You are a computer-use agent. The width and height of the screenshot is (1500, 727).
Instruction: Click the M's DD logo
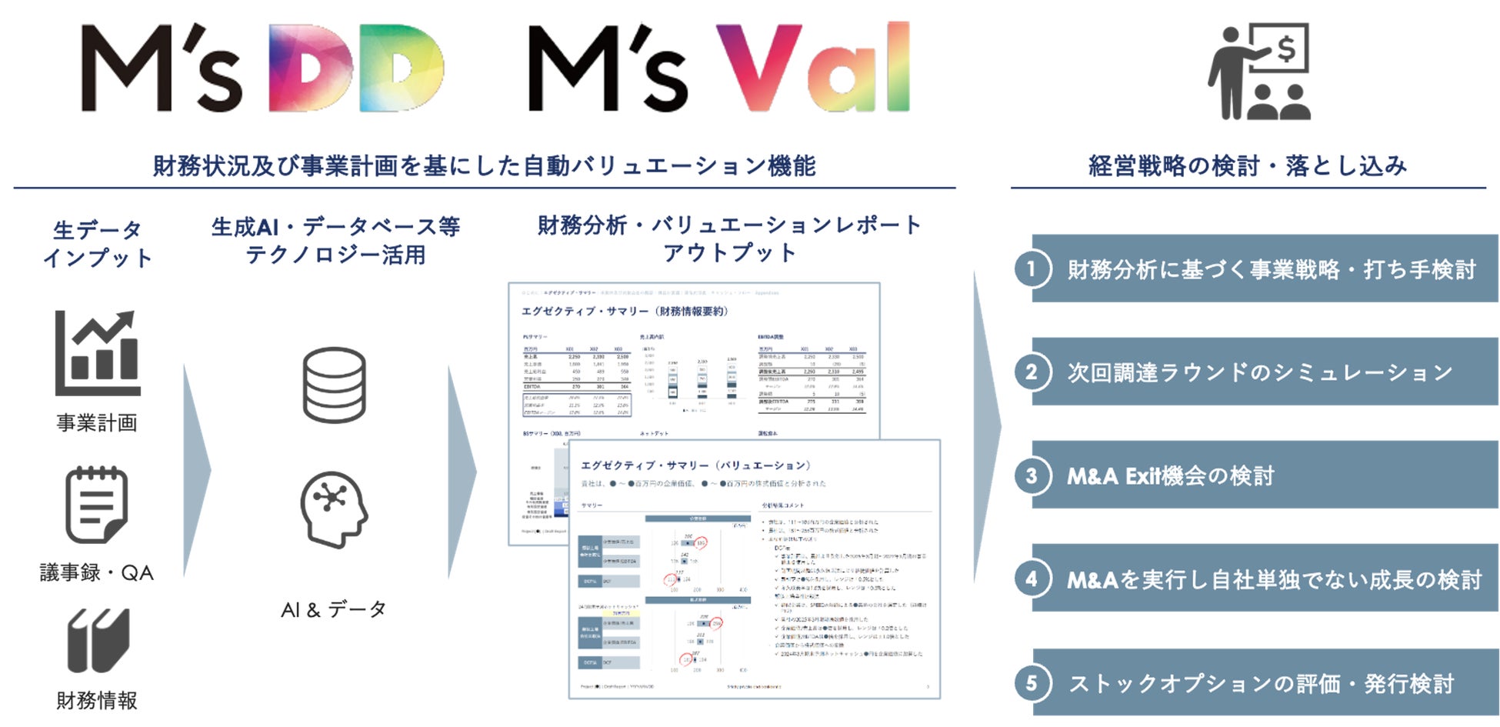pos(262,68)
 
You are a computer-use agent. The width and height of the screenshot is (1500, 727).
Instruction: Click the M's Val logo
pos(719,68)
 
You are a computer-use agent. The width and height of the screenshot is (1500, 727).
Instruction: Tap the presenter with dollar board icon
pos(1259,72)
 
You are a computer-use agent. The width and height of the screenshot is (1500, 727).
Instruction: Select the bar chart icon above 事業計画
pos(98,353)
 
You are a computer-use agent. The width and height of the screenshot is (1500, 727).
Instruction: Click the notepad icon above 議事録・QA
pos(96,505)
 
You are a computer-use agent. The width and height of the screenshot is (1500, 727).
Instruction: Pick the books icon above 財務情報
pos(98,640)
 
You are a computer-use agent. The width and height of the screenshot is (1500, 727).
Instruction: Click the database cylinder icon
pos(334,385)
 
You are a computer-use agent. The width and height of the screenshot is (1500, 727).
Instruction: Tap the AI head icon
pos(334,509)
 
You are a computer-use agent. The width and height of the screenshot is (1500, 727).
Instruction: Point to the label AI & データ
pos(334,610)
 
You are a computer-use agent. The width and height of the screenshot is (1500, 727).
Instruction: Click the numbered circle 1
pos(1032,269)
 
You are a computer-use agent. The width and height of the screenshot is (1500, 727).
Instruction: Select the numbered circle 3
pos(1032,475)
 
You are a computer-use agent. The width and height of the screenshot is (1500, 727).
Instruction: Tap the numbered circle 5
pos(1032,683)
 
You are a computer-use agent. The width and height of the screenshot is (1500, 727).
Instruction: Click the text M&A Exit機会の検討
pos(1170,476)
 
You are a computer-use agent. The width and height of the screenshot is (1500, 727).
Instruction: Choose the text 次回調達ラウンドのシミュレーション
pos(1259,372)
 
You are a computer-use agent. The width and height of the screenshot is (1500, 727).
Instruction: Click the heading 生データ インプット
pos(98,244)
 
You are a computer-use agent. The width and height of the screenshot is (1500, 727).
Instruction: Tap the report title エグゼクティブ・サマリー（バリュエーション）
pos(695,465)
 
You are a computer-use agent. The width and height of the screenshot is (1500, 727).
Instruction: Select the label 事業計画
pos(97,422)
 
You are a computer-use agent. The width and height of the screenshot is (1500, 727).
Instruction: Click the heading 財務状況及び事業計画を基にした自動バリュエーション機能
pos(484,165)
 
